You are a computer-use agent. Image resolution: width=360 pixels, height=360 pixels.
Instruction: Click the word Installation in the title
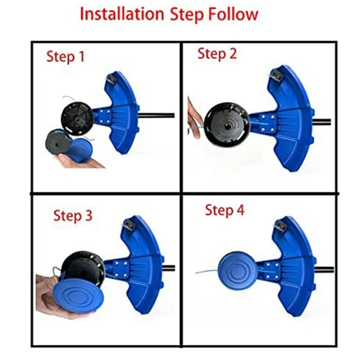pyautogui.click(x=122, y=14)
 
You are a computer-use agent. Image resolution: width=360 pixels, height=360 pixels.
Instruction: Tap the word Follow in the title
pyautogui.click(x=233, y=14)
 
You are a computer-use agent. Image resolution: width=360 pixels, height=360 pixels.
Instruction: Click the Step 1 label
pyautogui.click(x=66, y=57)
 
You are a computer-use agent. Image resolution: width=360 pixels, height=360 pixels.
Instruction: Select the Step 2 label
pyautogui.click(x=217, y=54)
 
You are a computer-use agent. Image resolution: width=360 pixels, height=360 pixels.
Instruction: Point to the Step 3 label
pyautogui.click(x=73, y=216)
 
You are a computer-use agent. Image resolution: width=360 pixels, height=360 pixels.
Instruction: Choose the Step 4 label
pyautogui.click(x=225, y=210)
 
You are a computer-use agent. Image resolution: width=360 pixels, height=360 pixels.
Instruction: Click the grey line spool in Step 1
pyautogui.click(x=58, y=142)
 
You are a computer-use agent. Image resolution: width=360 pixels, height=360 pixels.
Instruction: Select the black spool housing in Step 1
pyautogui.click(x=77, y=117)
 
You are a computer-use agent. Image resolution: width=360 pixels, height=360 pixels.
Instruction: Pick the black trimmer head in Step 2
pyautogui.click(x=226, y=125)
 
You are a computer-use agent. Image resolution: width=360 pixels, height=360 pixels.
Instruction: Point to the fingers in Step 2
pyautogui.click(x=193, y=118)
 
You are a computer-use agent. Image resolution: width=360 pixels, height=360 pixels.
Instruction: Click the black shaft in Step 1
pyautogui.click(x=157, y=115)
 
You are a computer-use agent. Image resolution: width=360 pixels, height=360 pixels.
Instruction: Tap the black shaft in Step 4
pyautogui.click(x=324, y=270)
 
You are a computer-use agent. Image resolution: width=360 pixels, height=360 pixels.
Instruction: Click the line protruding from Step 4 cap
pyautogui.click(x=207, y=272)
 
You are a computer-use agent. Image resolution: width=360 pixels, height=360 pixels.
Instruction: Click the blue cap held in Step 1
pyautogui.click(x=80, y=148)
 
